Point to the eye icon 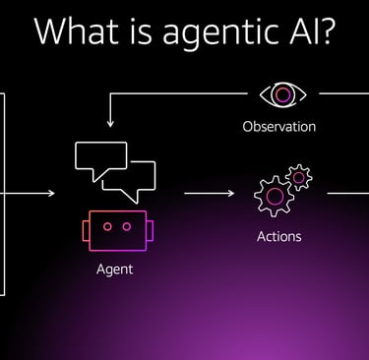(x=283, y=94)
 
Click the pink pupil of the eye (x=283, y=94)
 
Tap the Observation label (x=279, y=127)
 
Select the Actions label (x=278, y=236)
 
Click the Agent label (x=115, y=268)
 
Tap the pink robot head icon (x=115, y=230)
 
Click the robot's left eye (x=106, y=226)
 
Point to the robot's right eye (x=125, y=226)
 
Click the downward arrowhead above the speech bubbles (x=110, y=125)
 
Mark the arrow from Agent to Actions (x=211, y=194)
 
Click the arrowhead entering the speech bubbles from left (x=50, y=194)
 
